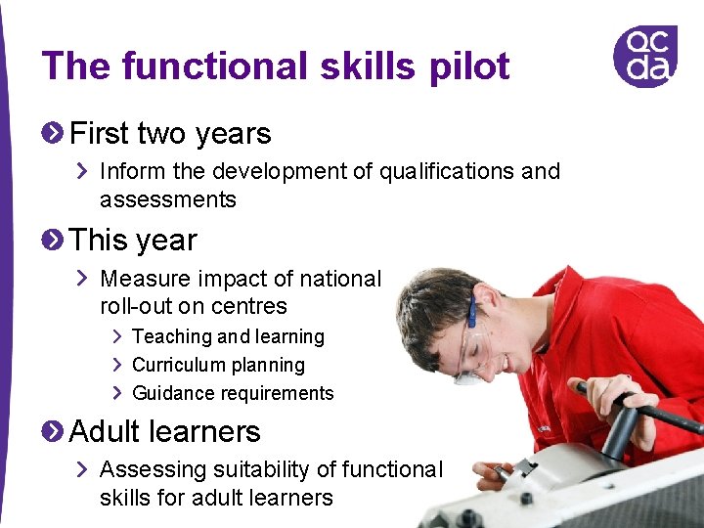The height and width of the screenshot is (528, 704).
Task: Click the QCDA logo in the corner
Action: click(x=644, y=56)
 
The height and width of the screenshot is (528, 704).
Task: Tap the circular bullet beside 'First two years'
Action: click(x=55, y=132)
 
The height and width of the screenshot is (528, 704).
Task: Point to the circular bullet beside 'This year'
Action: click(x=55, y=240)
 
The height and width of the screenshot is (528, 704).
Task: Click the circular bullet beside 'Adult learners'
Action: click(x=55, y=430)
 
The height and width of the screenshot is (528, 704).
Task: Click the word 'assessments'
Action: click(x=168, y=200)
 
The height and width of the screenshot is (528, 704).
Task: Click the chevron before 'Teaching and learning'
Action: click(x=116, y=336)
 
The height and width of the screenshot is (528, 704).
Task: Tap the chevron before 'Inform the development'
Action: click(x=84, y=172)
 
